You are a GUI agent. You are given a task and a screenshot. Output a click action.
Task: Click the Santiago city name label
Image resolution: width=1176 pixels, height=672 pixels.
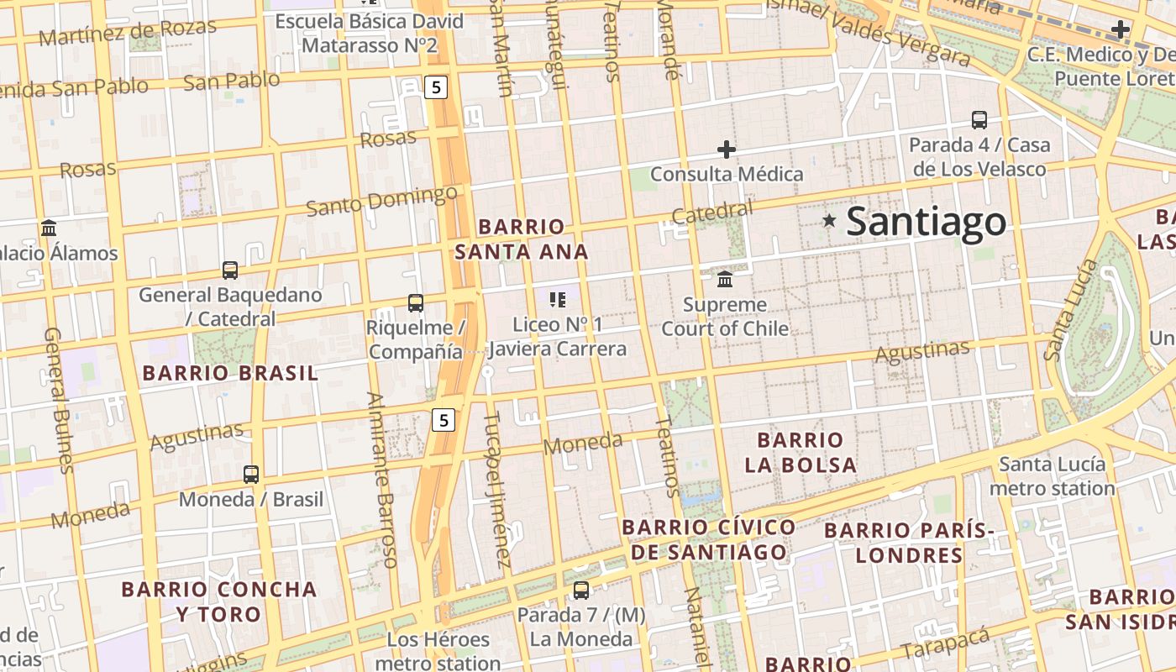coord(926,222)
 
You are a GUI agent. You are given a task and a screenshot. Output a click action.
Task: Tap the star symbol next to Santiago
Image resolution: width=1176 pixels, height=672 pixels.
coord(829,220)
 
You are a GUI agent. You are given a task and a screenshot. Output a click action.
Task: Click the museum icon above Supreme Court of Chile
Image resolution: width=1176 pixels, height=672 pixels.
coord(725,278)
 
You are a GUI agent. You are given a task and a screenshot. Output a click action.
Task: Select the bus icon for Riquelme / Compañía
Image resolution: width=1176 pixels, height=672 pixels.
coord(415,302)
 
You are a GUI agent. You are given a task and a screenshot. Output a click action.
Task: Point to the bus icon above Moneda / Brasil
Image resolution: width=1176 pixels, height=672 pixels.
coord(251,474)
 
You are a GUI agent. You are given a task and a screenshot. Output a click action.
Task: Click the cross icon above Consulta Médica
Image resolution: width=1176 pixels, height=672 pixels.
coord(727,150)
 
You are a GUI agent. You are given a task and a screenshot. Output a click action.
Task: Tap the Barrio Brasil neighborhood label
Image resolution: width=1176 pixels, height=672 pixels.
coord(230,373)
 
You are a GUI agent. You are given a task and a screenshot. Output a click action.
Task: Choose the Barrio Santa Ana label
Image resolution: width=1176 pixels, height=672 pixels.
coord(522,239)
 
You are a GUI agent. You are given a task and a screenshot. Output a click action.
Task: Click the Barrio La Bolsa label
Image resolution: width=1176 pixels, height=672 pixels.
coord(801,452)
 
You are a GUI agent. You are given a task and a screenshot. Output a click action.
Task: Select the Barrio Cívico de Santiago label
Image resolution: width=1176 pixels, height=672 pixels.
coord(709,539)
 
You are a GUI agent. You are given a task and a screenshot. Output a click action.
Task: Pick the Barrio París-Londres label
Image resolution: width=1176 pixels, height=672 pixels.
coord(909,543)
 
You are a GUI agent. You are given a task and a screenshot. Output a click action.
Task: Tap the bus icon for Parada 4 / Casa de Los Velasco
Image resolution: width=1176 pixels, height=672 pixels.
coord(979,119)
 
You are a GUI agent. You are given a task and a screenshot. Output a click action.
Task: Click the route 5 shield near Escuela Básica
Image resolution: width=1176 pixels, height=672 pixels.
coord(434,86)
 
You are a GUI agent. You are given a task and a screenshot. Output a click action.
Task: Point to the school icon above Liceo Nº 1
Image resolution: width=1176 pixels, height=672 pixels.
coord(557,299)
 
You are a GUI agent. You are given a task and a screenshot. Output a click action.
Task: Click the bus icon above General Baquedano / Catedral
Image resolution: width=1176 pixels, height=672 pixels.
coord(230,270)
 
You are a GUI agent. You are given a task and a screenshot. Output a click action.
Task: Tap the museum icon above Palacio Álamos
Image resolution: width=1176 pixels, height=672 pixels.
coord(49,228)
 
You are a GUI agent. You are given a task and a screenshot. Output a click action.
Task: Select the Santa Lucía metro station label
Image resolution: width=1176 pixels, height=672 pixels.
coord(1053,475)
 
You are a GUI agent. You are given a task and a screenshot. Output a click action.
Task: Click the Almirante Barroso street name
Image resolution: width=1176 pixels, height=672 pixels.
coord(381,479)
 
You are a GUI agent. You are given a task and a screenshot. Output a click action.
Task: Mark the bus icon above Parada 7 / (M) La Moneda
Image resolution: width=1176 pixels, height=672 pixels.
coord(580,590)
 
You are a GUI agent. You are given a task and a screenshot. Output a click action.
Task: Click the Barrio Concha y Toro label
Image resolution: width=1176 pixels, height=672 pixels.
coord(219,601)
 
